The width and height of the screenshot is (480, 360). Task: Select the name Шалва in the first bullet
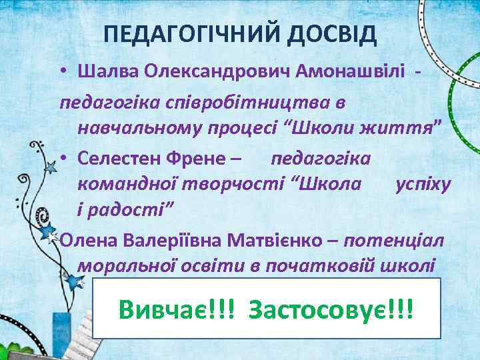(103, 71)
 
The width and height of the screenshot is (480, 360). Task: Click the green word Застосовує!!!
(331, 308)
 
